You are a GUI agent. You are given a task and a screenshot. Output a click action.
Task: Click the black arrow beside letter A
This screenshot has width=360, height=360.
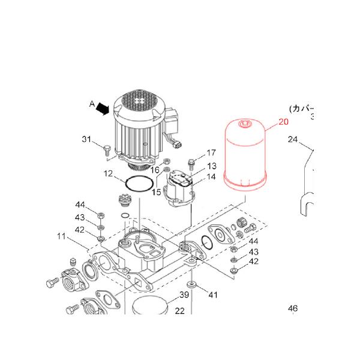click(104, 109)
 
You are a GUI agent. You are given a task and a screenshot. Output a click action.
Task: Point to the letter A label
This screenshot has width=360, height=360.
click(92, 104)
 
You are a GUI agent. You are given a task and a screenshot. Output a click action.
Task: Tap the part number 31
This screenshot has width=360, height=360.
click(88, 140)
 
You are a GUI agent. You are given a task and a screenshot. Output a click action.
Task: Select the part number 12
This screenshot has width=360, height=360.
click(108, 174)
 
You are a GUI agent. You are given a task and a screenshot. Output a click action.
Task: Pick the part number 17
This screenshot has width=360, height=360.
click(211, 152)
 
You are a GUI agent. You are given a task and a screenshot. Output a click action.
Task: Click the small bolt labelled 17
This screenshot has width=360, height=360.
click(192, 162)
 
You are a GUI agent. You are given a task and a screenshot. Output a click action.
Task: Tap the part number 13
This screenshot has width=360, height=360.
click(212, 166)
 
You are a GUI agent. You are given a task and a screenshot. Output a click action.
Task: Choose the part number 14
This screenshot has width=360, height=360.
click(212, 177)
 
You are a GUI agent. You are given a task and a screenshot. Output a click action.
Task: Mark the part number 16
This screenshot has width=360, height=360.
click(155, 170)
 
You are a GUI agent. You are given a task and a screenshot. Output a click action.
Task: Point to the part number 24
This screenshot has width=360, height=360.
click(292, 140)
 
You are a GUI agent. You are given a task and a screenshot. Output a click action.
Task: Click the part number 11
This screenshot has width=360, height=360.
click(62, 237)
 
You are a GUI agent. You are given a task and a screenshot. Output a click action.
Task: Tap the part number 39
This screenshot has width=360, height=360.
click(185, 295)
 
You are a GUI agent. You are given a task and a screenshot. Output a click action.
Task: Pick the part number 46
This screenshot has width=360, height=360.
click(292, 309)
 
